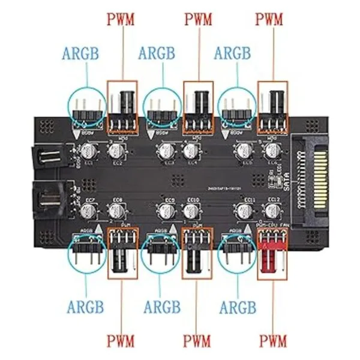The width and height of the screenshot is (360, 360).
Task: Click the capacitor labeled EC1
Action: (89, 149)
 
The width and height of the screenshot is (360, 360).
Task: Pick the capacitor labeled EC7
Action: (89, 209)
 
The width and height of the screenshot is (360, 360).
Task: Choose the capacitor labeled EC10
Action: (193, 210)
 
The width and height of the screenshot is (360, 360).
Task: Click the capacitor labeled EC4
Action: (193, 150)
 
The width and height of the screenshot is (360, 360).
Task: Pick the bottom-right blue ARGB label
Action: (238, 307)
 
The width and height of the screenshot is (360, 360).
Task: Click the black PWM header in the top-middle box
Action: (197, 108)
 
